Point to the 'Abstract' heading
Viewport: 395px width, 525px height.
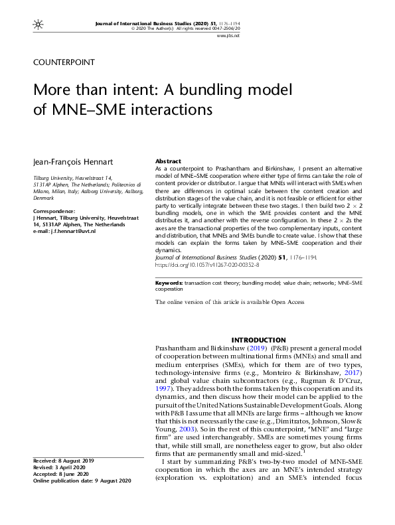(x=168, y=161)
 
